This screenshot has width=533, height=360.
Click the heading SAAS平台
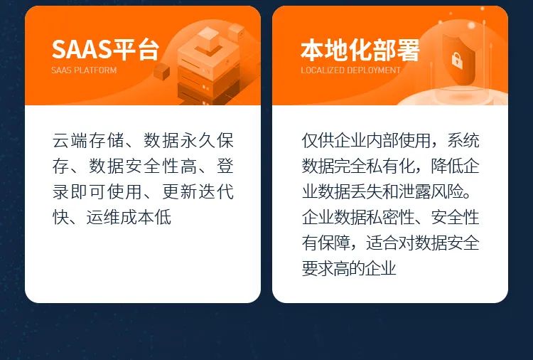coord(104,50)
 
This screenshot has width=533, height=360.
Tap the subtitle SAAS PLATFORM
coord(84,70)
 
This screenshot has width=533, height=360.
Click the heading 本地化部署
coord(360,50)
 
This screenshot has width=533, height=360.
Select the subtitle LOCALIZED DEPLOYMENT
coord(350,70)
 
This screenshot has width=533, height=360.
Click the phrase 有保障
coord(328,243)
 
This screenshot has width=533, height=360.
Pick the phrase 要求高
coord(328,268)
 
